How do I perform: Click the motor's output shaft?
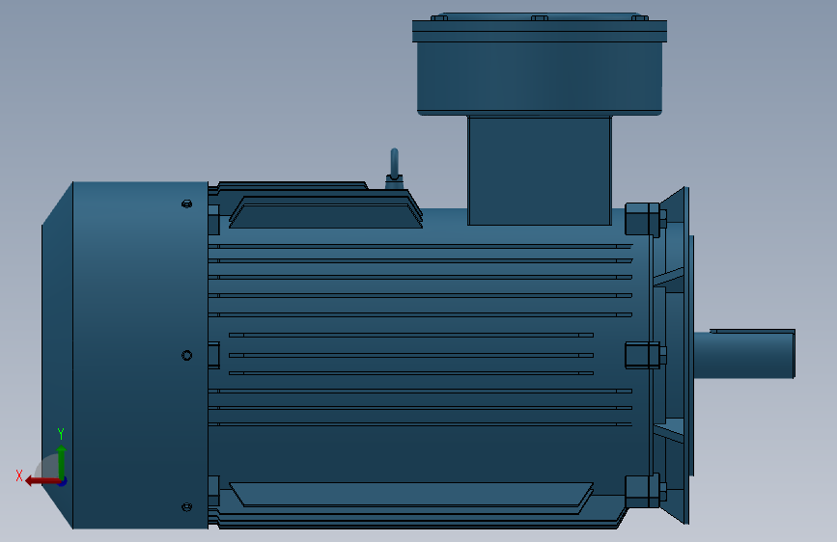tap(744, 354)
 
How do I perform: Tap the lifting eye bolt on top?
tap(395, 169)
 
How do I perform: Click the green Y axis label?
tap(61, 433)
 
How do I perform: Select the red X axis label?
tap(19, 475)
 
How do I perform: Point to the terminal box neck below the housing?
tap(540, 170)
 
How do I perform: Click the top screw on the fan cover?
tap(187, 203)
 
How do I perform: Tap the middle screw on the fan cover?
tap(187, 355)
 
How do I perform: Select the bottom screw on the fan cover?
tap(187, 506)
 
